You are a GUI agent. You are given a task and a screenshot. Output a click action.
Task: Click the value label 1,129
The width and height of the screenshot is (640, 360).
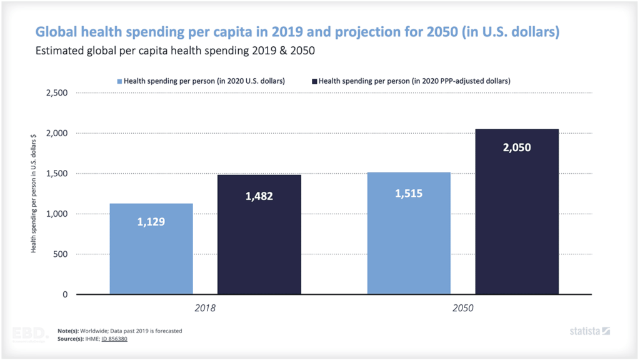coord(151,221)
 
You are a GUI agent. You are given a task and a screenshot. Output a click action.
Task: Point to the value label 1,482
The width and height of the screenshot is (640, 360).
coord(259,196)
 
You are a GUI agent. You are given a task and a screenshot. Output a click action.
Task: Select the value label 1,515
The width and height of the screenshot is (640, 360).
coord(409,193)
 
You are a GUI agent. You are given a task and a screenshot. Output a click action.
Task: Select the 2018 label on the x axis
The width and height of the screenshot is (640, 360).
coord(206,308)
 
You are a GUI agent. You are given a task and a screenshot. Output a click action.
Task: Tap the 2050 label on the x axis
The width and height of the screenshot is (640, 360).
coord(462,308)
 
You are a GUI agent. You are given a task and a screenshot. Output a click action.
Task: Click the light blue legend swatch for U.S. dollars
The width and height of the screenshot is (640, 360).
coord(119,81)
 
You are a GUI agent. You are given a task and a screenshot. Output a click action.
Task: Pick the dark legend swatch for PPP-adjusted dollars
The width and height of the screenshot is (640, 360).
coord(314,81)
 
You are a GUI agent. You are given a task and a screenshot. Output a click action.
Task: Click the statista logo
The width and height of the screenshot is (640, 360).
coord(589,331)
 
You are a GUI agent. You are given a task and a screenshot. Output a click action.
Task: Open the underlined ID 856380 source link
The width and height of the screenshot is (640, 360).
coord(114,339)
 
